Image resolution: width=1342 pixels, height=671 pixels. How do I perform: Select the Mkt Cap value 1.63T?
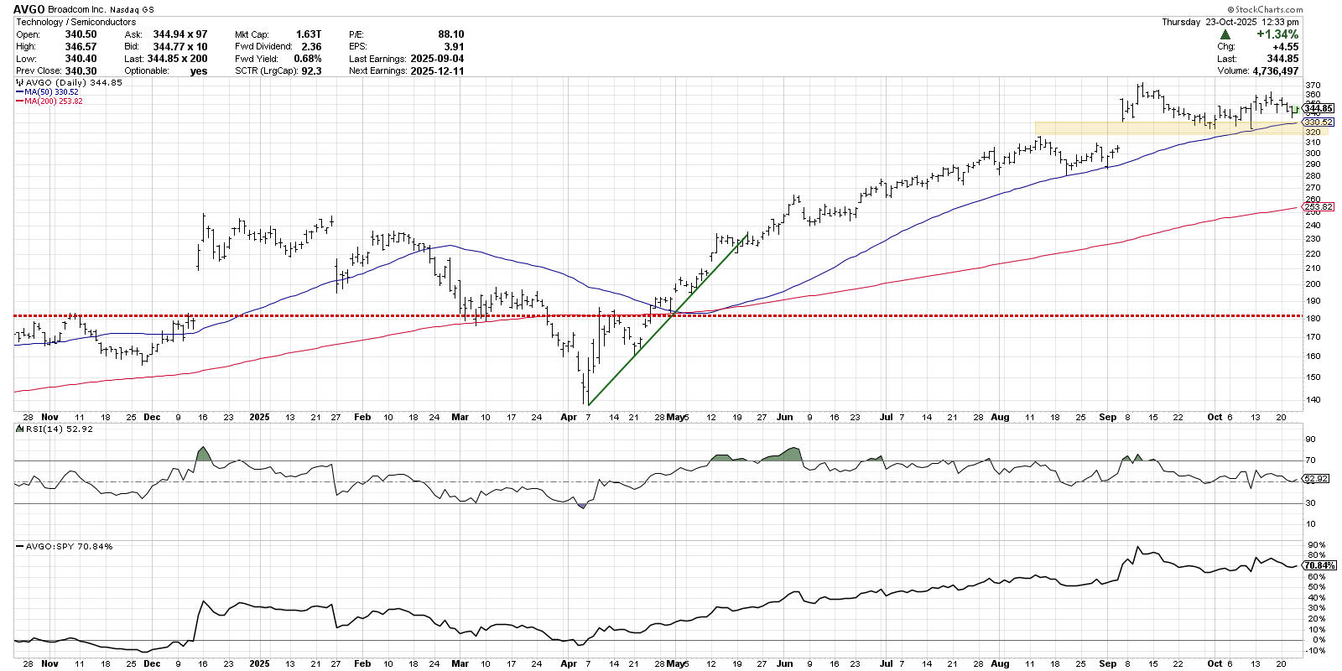point(309,34)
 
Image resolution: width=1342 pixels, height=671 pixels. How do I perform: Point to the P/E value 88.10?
point(450,34)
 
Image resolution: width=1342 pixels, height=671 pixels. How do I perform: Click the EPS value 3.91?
point(453,47)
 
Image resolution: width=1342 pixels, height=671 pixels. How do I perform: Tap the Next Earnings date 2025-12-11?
point(437,71)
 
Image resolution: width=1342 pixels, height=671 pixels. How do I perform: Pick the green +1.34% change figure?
point(1277,34)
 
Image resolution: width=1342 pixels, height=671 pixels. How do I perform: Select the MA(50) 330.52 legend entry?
point(52,92)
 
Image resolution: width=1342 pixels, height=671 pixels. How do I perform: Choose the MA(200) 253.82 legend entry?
point(54,101)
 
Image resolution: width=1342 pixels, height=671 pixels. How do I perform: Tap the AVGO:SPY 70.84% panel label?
point(70,546)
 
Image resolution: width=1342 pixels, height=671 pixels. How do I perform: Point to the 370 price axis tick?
point(1313,86)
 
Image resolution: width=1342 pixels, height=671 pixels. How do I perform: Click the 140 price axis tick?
point(1313,400)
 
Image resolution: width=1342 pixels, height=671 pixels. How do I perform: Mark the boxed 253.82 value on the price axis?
point(1319,207)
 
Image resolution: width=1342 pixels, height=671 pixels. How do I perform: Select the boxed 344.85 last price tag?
point(1319,108)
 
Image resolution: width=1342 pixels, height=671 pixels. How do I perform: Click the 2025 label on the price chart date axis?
point(259,417)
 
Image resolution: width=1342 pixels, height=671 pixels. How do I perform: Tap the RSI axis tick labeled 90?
point(1311,440)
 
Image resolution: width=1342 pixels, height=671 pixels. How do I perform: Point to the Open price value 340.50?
point(81,34)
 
